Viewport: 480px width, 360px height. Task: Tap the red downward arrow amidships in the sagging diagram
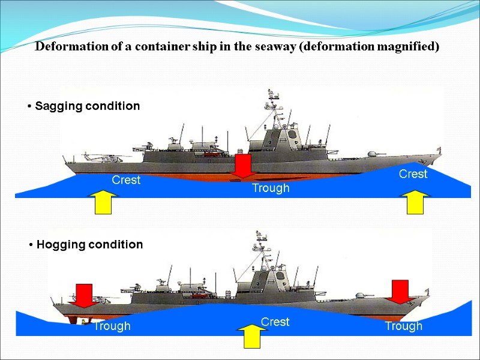243,166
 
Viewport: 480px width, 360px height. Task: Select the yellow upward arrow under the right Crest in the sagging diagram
415,202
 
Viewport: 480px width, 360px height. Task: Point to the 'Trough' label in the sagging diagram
270,188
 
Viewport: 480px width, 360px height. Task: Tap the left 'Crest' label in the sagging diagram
126,180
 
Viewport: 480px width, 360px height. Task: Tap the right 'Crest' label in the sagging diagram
413,174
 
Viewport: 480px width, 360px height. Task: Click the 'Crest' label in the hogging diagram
275,322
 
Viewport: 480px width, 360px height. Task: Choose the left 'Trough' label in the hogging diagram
112,326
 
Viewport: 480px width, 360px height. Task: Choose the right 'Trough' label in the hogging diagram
403,326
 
